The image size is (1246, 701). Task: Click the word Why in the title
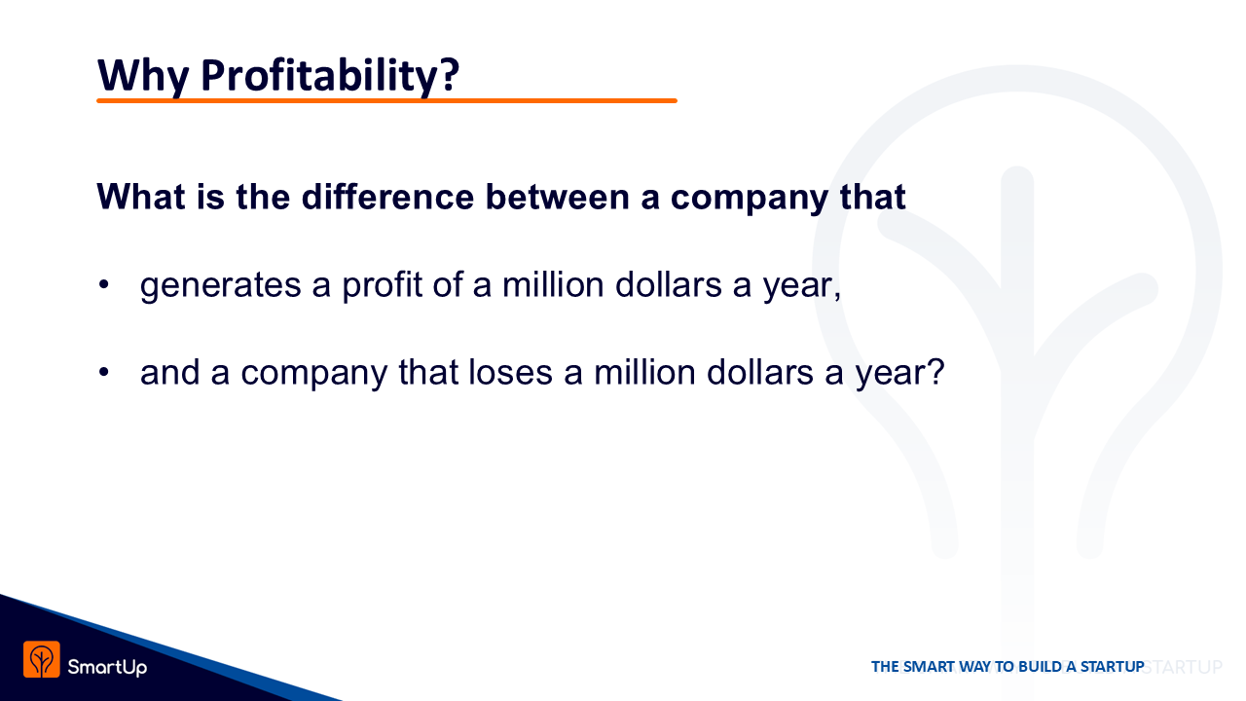(x=143, y=76)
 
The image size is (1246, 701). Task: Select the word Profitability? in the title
(x=330, y=76)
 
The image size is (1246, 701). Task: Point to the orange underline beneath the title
(x=386, y=100)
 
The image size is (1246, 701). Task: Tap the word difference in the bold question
(x=387, y=197)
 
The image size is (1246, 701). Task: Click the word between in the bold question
(x=558, y=197)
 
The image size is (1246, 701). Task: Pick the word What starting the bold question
(x=141, y=197)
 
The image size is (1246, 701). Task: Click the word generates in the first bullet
(x=220, y=285)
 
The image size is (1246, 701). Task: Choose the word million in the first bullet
(x=553, y=284)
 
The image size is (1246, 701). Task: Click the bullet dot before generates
(x=103, y=285)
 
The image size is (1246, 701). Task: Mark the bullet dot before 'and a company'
(x=103, y=372)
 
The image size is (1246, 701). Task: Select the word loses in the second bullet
(x=510, y=372)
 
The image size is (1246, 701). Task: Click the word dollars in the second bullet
(x=760, y=372)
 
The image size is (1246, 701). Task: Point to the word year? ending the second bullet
(x=900, y=373)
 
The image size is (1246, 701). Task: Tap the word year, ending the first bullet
(x=801, y=286)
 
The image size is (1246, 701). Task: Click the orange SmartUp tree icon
(x=42, y=660)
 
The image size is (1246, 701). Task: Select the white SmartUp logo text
(x=107, y=667)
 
